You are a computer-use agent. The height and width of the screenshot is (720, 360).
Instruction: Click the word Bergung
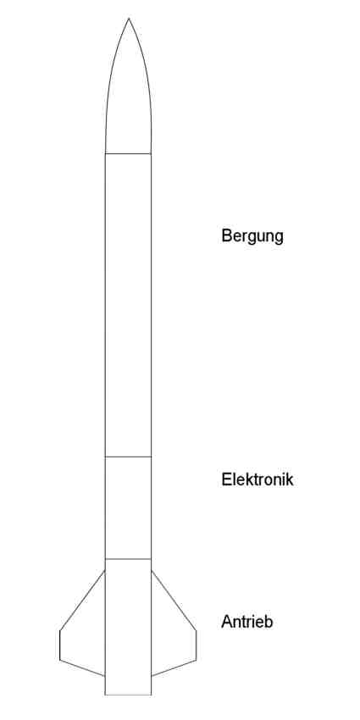click(252, 236)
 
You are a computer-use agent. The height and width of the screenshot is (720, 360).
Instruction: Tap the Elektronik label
click(258, 479)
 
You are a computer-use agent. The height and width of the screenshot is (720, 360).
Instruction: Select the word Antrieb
click(247, 622)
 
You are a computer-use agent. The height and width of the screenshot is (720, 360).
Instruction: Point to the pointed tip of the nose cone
click(129, 19)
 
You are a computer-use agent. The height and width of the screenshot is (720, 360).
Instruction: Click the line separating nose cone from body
click(128, 153)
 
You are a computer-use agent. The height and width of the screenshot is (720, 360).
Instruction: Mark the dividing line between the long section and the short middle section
click(128, 457)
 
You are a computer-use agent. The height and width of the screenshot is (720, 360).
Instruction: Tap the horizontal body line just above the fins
click(128, 559)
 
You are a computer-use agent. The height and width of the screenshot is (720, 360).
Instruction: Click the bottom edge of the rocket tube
click(128, 695)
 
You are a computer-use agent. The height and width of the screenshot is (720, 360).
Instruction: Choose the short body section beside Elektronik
click(128, 508)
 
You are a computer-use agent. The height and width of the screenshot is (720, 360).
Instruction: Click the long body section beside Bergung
click(128, 305)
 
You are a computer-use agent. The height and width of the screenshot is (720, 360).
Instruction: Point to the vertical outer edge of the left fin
click(59, 645)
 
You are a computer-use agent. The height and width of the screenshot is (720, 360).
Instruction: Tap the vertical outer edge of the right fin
click(196, 645)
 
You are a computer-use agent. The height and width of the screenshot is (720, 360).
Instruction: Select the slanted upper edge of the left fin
click(83, 601)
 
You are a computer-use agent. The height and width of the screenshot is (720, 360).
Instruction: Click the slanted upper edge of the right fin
click(174, 601)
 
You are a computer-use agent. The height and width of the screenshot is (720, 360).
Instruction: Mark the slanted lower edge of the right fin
click(174, 668)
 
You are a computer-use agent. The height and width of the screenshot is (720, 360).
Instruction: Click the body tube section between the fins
click(128, 627)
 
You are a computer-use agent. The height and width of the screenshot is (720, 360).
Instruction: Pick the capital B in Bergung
click(226, 235)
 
